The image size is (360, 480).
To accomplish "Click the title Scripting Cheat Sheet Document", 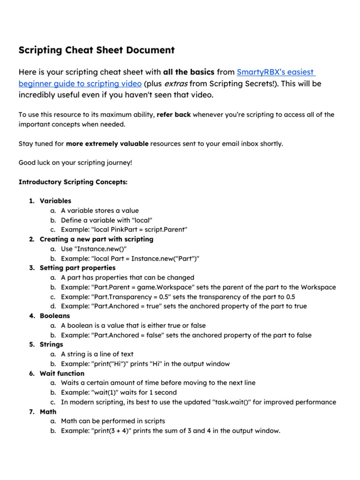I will pos(96,50).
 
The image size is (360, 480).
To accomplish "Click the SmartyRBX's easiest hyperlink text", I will pos(276,72).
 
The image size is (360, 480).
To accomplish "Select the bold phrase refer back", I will pos(173,115).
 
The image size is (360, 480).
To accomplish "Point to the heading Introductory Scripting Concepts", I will pos(73,182).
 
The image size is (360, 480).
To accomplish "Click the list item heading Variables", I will pos(55,201).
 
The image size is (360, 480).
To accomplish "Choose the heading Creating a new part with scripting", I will pos(96,239).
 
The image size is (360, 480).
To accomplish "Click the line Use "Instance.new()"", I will pos(93,249).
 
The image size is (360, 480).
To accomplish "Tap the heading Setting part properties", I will pos(77,268).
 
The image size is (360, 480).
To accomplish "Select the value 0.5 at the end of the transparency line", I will pos(289,297).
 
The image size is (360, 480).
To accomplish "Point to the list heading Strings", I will pos(51,345).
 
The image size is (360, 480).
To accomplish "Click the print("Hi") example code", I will pos(110,364).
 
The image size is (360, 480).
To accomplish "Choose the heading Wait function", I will pos(62,374).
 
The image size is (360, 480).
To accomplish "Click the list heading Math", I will pos(48,412).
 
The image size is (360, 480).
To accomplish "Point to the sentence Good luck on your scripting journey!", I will pos(75,163).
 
